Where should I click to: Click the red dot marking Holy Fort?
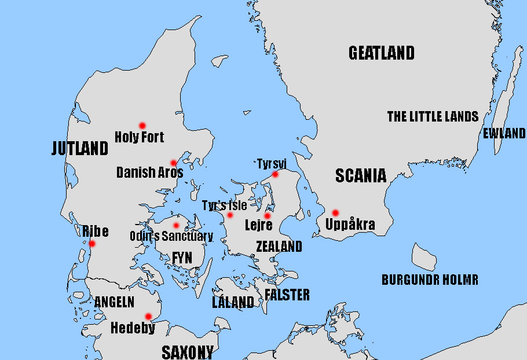click(142, 126)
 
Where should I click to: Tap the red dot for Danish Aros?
click(173, 163)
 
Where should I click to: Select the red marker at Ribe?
click(92, 244)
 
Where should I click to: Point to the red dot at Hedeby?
click(148, 316)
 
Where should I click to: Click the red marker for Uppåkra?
click(335, 213)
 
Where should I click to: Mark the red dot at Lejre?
click(268, 216)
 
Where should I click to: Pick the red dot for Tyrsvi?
click(275, 174)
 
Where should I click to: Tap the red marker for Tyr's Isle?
click(230, 215)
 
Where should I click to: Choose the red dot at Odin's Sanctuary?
click(176, 225)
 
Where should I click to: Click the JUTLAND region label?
click(80, 149)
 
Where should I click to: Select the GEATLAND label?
click(382, 53)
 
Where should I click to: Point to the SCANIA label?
click(361, 176)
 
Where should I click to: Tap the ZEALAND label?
click(279, 247)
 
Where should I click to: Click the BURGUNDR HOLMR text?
click(430, 280)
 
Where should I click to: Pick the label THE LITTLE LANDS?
click(433, 117)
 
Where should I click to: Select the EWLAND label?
click(504, 134)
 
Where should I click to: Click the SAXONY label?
click(187, 352)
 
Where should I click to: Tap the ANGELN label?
click(114, 302)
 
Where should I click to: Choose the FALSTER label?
click(287, 295)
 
